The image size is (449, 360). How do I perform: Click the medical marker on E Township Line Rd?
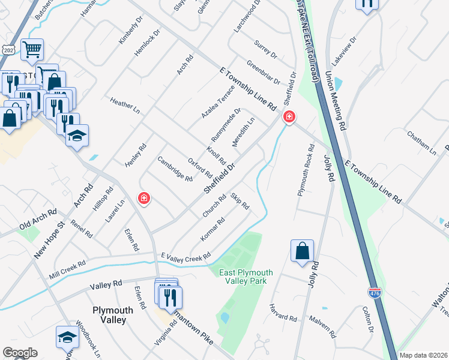click(289, 116)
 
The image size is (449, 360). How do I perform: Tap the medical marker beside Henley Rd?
click(143, 198)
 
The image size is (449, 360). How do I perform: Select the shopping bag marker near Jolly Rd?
click(303, 251)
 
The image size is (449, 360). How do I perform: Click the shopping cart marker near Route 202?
click(32, 50)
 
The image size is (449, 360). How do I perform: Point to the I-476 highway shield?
click(375, 292)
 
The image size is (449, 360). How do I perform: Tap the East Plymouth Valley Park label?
click(246, 277)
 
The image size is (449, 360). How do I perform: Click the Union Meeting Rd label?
click(336, 101)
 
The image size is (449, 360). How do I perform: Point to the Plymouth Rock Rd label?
click(306, 170)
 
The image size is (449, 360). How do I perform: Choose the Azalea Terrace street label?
click(217, 101)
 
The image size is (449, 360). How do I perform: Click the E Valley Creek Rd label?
click(185, 256)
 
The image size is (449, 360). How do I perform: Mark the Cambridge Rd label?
click(175, 169)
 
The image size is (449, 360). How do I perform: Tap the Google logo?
click(20, 353)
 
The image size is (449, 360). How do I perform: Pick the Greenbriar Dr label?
click(263, 72)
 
